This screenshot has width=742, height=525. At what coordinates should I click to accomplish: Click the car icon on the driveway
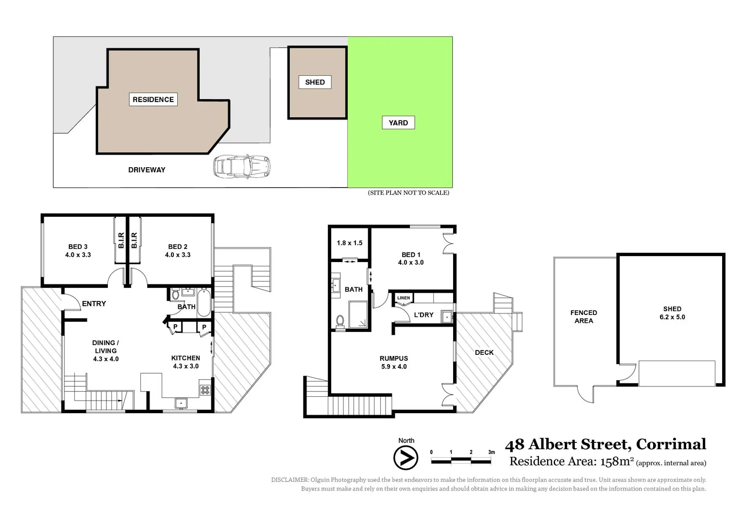[241, 167]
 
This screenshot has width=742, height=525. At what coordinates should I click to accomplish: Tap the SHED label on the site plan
[315, 82]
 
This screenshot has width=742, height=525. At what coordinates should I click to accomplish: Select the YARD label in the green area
[398, 123]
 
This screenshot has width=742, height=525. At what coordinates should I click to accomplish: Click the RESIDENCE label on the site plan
[153, 100]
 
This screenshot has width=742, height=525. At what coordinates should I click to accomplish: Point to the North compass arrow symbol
[405, 457]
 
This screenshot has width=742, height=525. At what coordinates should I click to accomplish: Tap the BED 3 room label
[78, 246]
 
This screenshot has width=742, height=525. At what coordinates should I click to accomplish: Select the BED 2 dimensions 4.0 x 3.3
[178, 255]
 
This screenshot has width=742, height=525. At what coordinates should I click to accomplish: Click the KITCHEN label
[185, 358]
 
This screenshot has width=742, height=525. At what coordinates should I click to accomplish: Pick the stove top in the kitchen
[205, 389]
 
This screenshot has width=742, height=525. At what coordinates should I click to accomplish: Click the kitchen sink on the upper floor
[181, 403]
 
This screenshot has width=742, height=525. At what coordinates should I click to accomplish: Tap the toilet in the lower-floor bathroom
[340, 321]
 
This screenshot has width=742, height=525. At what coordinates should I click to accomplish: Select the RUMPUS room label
[394, 358]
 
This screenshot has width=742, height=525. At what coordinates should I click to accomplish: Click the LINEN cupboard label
[404, 298]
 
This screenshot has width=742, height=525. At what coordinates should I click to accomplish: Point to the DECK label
[484, 352]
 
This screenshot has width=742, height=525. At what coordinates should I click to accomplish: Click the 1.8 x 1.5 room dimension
[350, 243]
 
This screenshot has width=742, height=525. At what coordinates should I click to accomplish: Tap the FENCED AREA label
[584, 316]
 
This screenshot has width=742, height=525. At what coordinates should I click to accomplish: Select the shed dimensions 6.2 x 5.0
[672, 317]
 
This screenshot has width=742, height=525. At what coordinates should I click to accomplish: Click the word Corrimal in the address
[671, 444]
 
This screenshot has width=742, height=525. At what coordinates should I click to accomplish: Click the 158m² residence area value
[617, 461]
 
